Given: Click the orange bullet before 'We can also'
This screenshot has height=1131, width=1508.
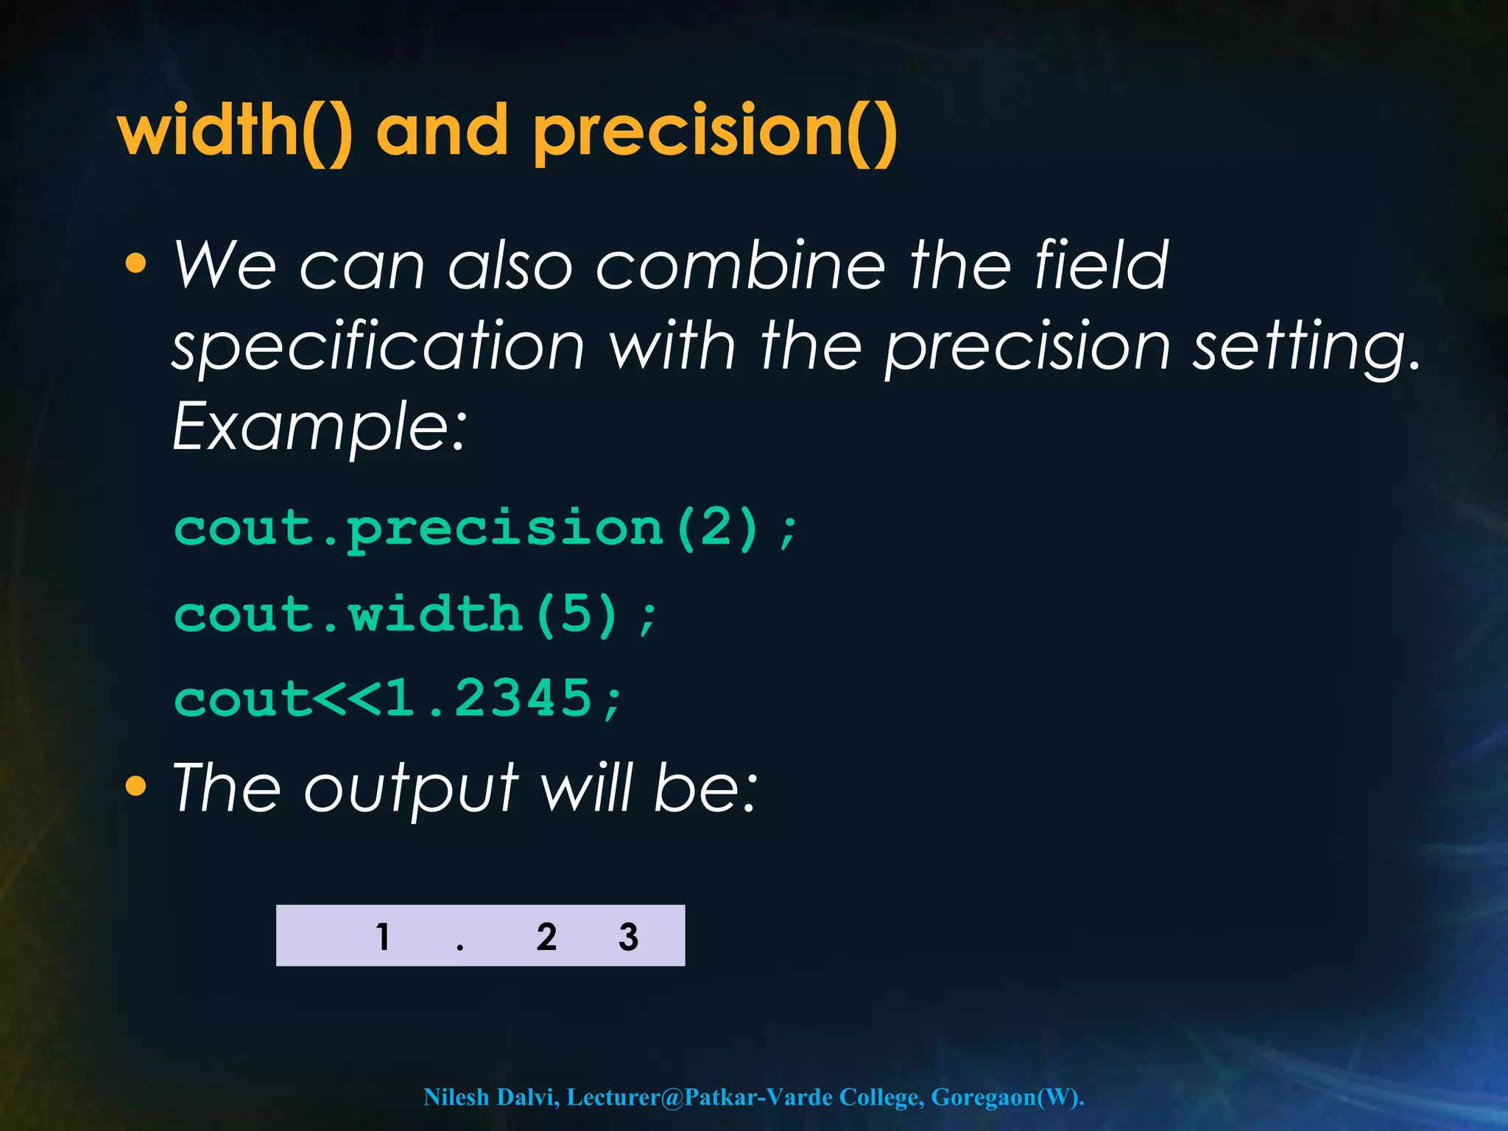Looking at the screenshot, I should point(135,264).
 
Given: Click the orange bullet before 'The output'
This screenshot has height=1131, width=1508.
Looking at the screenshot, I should point(135,786).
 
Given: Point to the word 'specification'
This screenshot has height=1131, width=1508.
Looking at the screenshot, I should point(378,346).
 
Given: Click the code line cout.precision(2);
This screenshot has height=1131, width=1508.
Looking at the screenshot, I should point(486,529).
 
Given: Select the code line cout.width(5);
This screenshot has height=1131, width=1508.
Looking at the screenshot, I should point(416,614).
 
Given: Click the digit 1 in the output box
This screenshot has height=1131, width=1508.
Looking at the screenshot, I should point(383,937).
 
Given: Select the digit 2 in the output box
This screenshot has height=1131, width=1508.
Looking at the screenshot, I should point(546,937).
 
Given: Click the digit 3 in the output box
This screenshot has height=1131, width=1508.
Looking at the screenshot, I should point(628,937).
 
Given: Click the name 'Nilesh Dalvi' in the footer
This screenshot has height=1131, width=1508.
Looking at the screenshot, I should point(490,1097).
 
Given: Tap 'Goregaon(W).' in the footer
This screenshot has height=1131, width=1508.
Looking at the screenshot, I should point(1007,1097).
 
